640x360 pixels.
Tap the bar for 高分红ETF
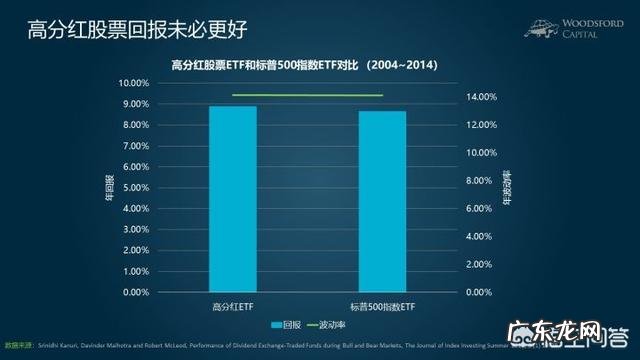(x=233, y=199)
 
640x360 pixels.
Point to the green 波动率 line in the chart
(x=307, y=95)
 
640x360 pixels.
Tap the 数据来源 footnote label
(x=18, y=342)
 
